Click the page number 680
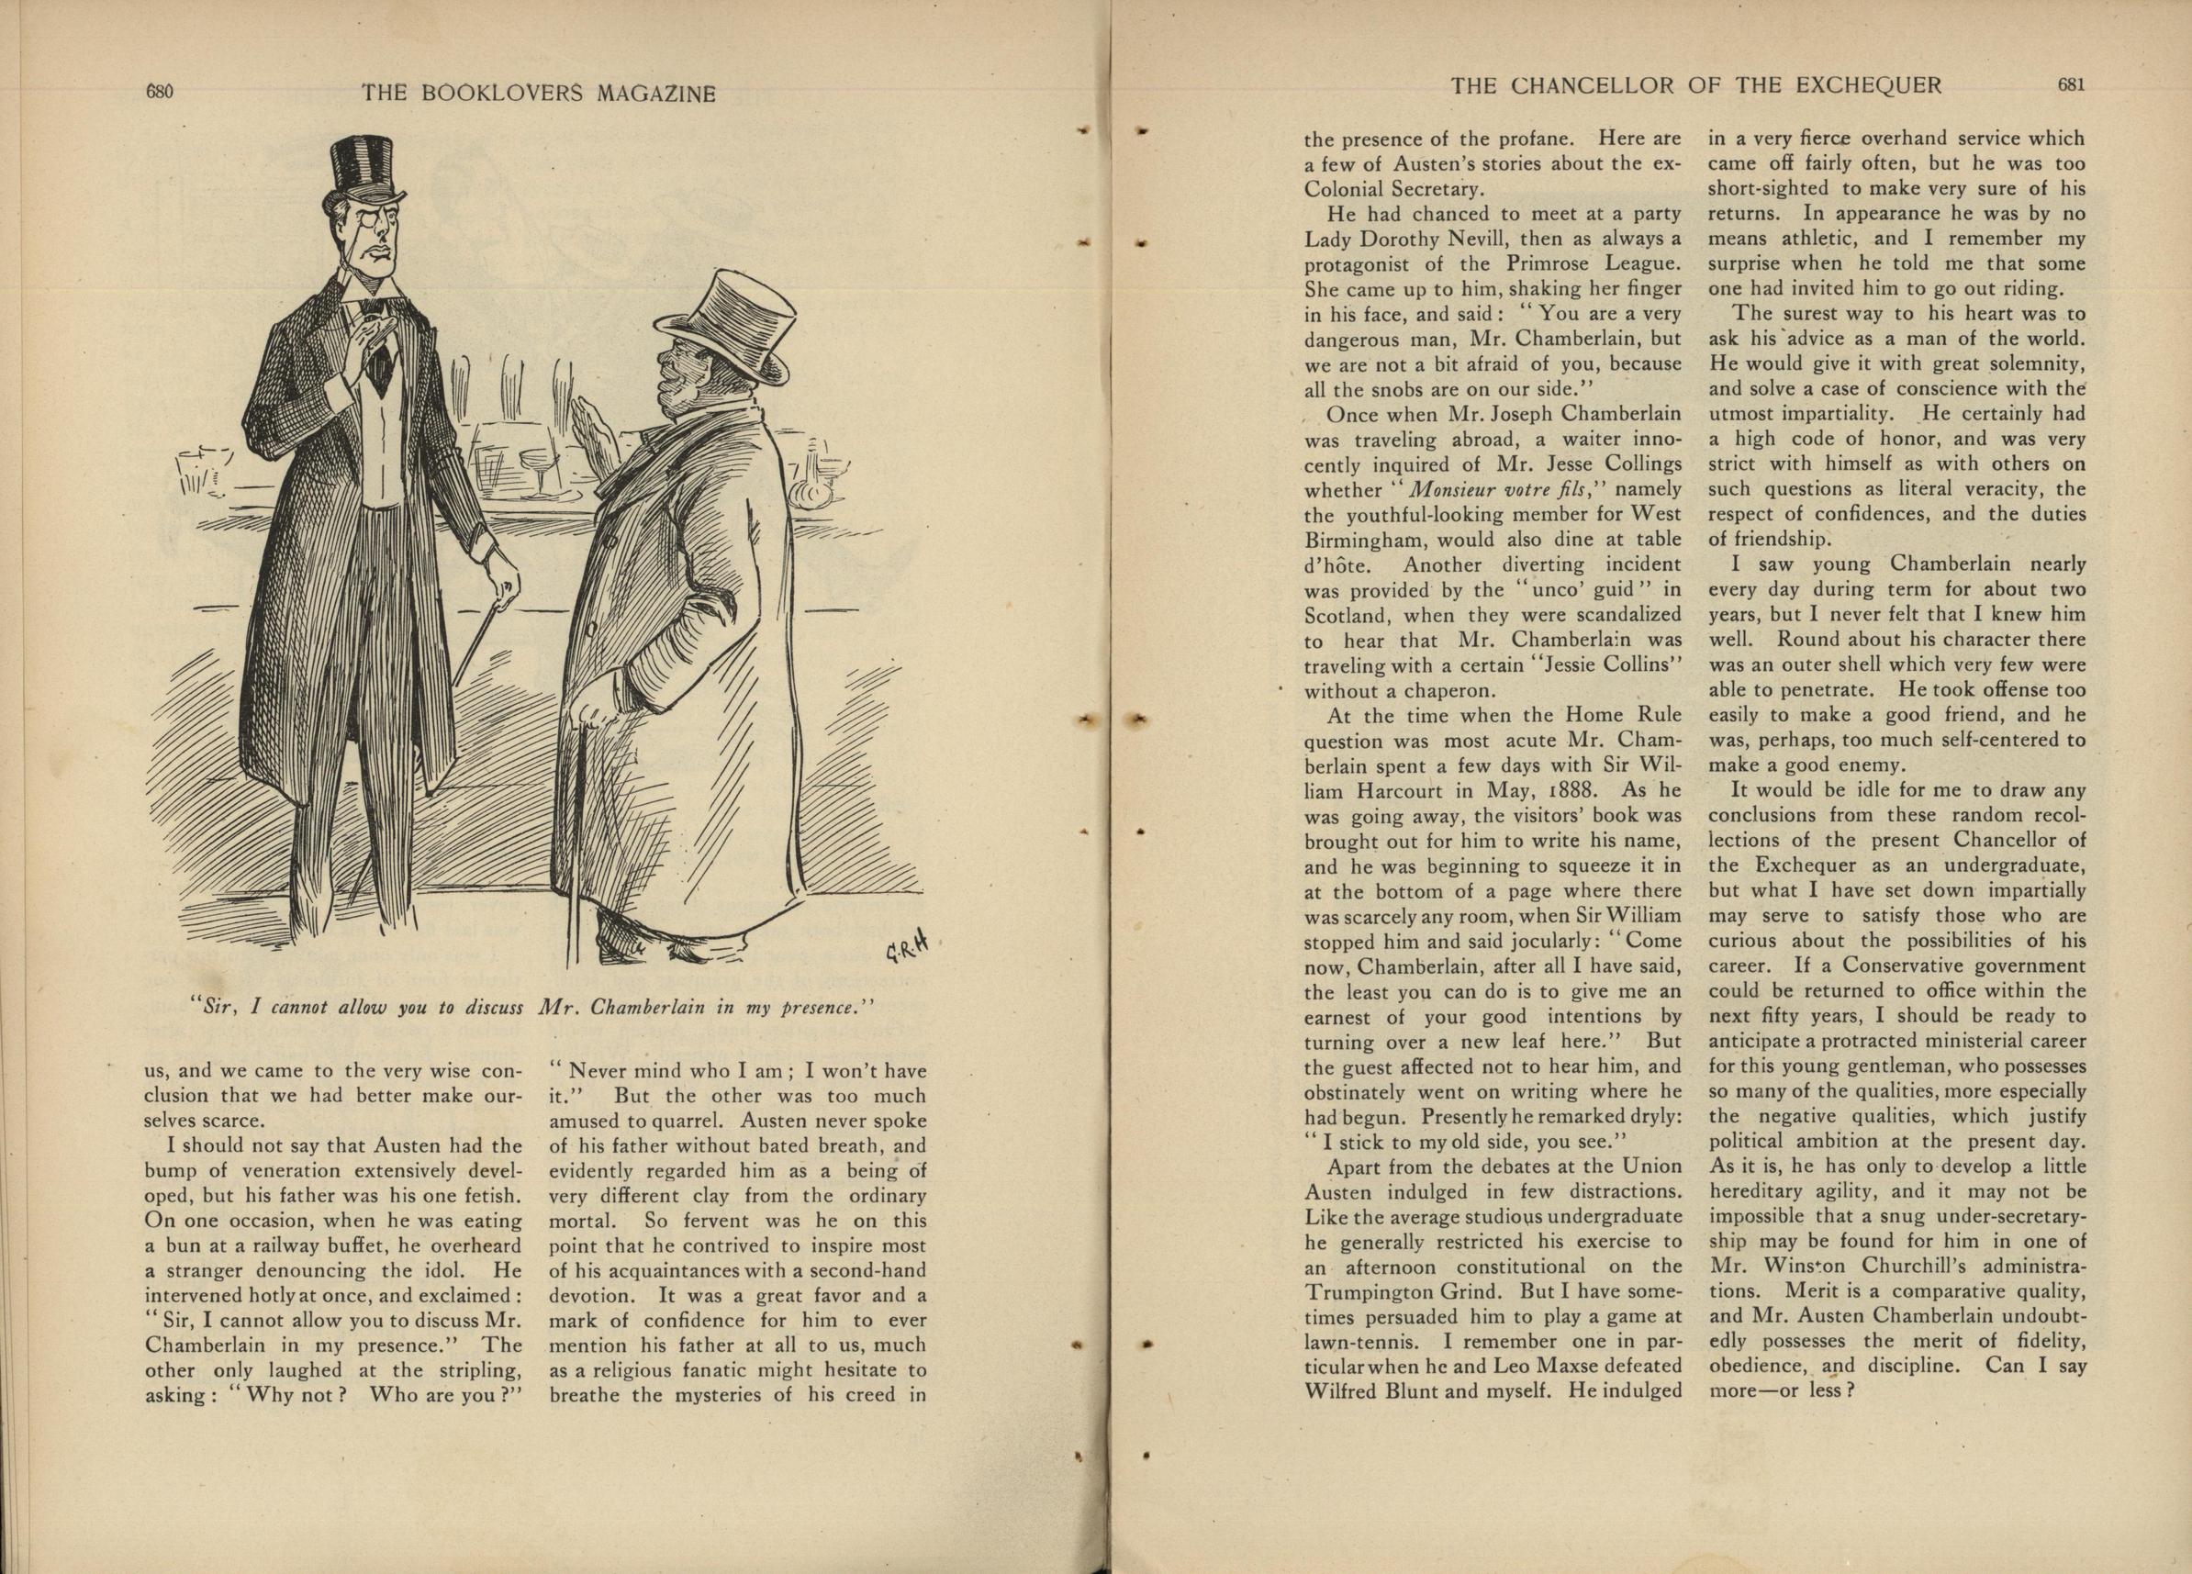(159, 92)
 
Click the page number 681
(2071, 85)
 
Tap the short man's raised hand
(590, 425)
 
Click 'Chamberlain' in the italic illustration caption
(646, 1008)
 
